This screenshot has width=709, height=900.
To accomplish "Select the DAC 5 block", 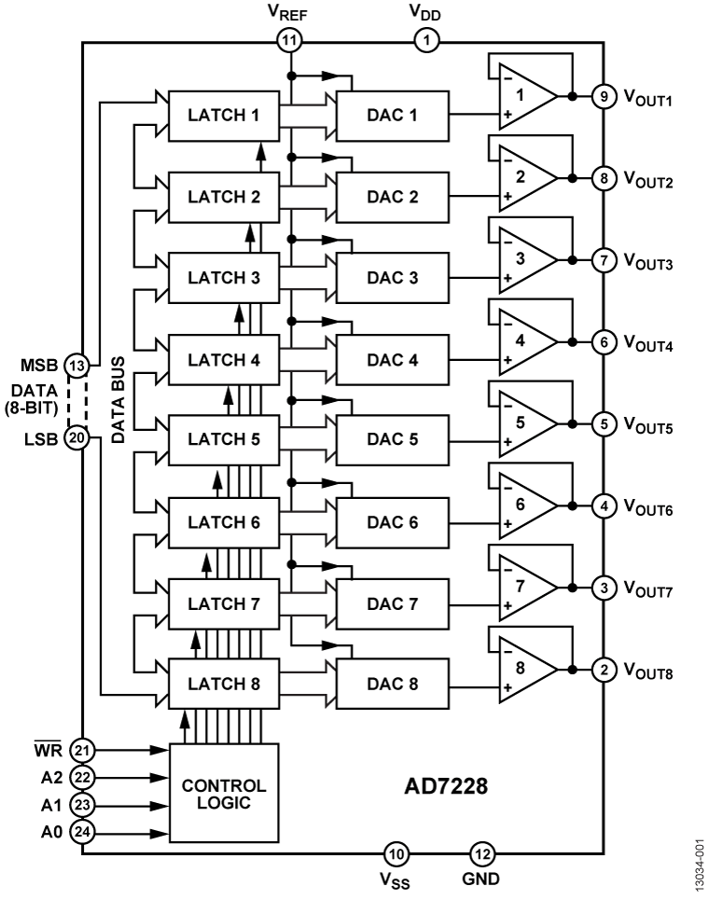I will pyautogui.click(x=393, y=439).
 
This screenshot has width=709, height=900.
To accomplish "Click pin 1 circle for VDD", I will pyautogui.click(x=427, y=40).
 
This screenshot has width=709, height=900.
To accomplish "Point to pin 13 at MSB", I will pyautogui.click(x=77, y=364).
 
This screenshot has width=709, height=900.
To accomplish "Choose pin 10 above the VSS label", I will pyautogui.click(x=396, y=852).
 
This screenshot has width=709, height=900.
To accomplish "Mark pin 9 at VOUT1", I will pyautogui.click(x=605, y=96).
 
